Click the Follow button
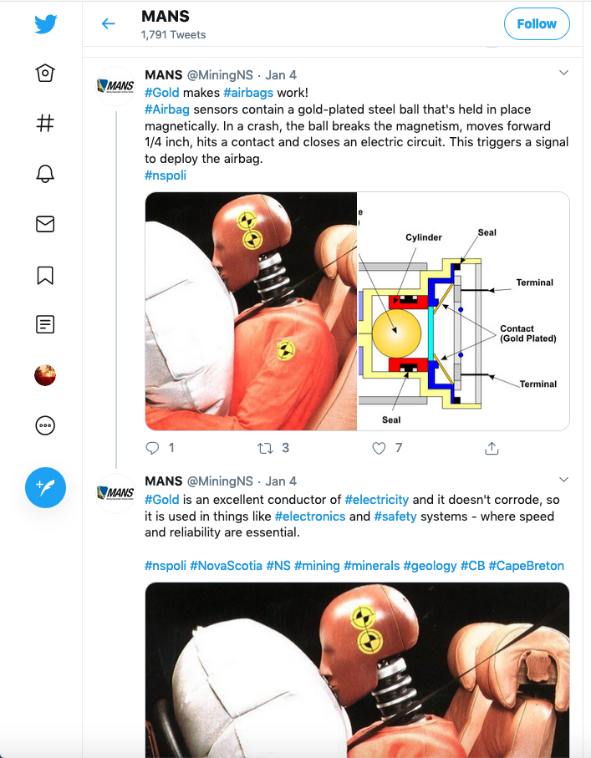[x=537, y=23]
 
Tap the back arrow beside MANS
[x=109, y=23]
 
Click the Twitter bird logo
[x=45, y=23]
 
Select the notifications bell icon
[x=45, y=174]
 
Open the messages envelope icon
[x=45, y=224]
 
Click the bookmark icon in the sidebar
[x=45, y=275]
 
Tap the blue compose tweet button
[x=45, y=487]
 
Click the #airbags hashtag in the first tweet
[x=248, y=92]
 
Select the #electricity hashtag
[x=377, y=500]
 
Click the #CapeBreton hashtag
[x=526, y=566]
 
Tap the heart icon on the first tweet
[x=379, y=448]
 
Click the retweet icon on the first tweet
[x=265, y=448]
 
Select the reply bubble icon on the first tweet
[x=152, y=448]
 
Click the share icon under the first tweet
[x=492, y=448]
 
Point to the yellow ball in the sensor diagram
[x=396, y=333]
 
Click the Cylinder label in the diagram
[x=424, y=237]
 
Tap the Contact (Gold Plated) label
[x=528, y=333]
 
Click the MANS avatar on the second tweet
[x=115, y=492]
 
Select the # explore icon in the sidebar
[x=45, y=123]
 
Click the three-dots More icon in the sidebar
[x=45, y=425]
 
